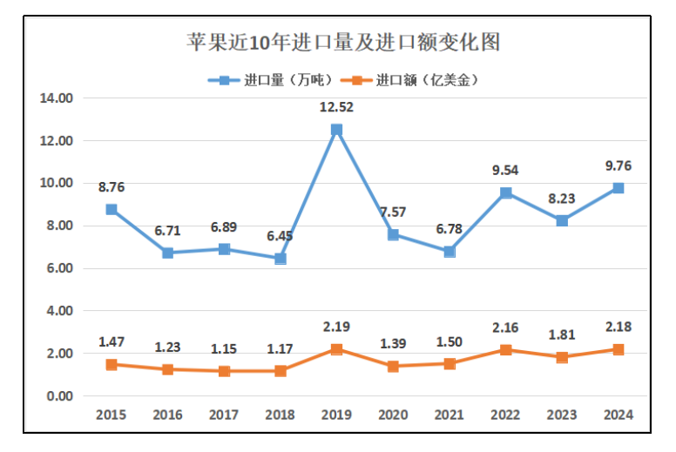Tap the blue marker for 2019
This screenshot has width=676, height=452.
tap(336, 130)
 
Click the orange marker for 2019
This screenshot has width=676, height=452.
tap(336, 349)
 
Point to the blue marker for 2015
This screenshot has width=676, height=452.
tap(112, 209)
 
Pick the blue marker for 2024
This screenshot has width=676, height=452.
tap(618, 188)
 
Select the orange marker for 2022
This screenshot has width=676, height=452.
tap(505, 350)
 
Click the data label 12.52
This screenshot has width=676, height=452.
tap(336, 107)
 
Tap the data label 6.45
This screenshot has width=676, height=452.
tap(281, 236)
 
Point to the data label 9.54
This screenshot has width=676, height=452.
tap(505, 171)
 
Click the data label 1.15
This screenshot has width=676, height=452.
tap(224, 348)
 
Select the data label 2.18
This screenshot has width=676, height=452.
tap(618, 327)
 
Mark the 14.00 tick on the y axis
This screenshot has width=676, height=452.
tap(56, 98)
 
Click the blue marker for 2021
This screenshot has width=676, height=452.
tap(449, 252)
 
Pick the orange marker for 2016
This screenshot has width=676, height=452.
tap(167, 369)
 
